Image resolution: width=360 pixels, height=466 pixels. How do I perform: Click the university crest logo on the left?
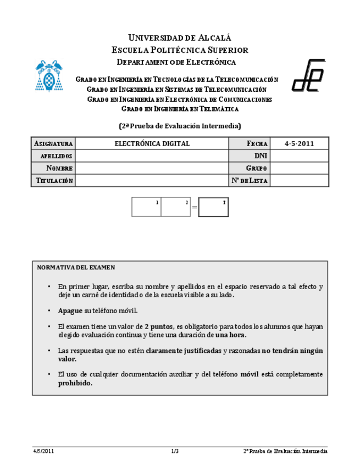[x=48, y=75]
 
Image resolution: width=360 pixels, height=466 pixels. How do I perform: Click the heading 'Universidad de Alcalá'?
[x=180, y=38]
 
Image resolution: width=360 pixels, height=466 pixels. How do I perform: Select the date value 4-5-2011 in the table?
[x=299, y=143]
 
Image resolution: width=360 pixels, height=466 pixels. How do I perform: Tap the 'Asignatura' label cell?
[x=53, y=143]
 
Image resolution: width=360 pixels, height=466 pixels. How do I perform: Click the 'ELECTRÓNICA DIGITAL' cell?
[x=152, y=143]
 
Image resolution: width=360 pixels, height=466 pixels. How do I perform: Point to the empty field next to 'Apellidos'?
[x=152, y=156]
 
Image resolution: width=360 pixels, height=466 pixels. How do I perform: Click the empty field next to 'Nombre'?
[x=152, y=168]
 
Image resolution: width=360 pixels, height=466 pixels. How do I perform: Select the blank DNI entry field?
[x=299, y=156]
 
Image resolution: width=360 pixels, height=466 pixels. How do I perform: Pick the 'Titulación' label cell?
[x=53, y=181]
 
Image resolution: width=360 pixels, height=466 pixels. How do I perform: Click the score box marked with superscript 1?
[x=146, y=207]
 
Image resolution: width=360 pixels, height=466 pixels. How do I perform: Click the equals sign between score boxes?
[x=194, y=208]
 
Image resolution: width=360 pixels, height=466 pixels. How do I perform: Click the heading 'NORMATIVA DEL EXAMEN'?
[x=76, y=268]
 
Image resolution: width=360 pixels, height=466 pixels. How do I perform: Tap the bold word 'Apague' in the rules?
[x=70, y=310]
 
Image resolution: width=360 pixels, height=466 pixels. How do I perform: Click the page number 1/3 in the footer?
[x=175, y=451]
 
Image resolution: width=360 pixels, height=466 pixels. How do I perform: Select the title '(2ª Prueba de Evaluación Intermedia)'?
[x=180, y=125]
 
